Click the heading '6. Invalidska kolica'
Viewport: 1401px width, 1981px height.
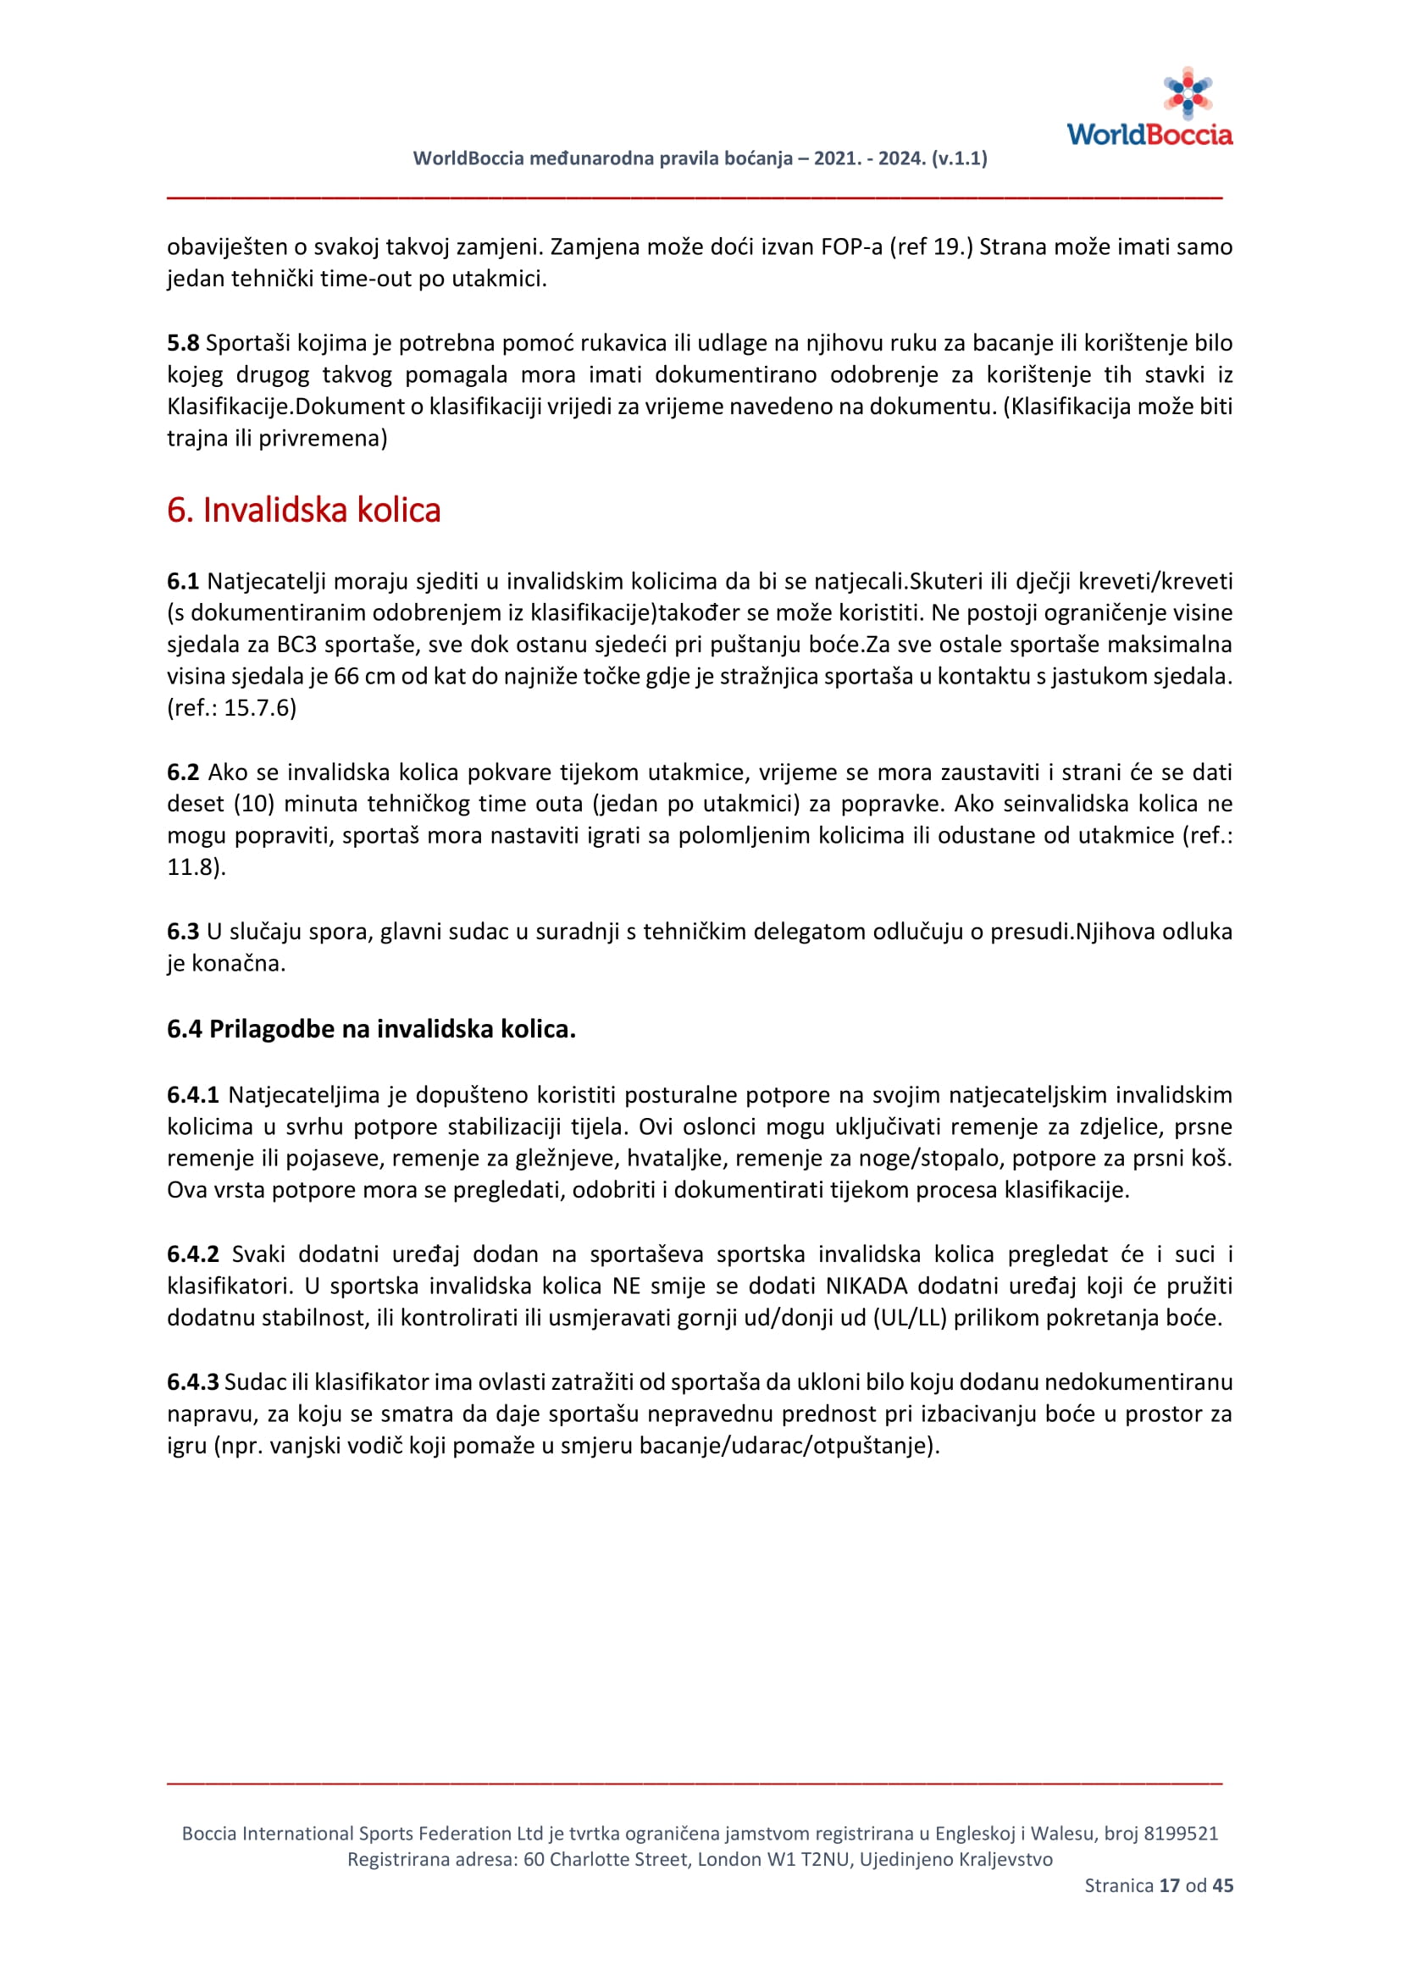point(304,510)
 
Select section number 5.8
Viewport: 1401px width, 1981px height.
point(183,342)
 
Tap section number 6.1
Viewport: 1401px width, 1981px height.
point(183,581)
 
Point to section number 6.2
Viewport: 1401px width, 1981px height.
point(183,772)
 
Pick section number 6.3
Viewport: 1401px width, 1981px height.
point(183,931)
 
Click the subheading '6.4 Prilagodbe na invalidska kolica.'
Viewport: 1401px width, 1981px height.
point(371,1028)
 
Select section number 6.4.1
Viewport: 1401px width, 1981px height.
point(193,1094)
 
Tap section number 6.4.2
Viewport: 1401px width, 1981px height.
point(193,1253)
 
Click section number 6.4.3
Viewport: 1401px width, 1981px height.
point(193,1381)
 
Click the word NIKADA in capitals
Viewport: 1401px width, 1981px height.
point(867,1286)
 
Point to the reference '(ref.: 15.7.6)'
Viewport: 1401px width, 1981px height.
point(231,707)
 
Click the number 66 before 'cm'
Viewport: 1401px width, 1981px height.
point(346,676)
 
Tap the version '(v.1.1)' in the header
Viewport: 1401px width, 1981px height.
point(960,158)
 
